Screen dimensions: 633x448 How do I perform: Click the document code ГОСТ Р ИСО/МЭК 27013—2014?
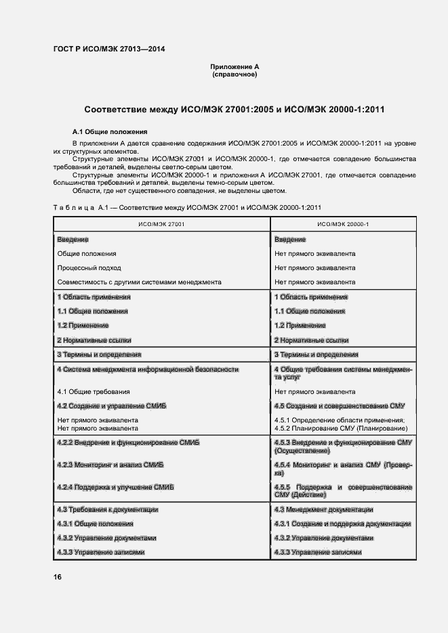coord(108,49)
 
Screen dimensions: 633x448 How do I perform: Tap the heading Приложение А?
coord(235,66)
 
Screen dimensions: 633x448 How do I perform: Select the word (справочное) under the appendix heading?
coord(235,74)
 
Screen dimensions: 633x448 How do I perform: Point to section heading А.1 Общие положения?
coord(110,131)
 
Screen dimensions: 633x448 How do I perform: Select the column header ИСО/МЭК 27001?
coord(161,223)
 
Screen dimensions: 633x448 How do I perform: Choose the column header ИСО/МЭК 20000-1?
coord(344,223)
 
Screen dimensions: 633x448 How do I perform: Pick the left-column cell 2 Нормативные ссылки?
coord(94,340)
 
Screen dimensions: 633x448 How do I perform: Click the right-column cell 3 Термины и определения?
coord(316,354)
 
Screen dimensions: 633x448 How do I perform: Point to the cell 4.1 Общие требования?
coord(94,392)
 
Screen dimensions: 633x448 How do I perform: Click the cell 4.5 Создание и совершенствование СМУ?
coord(339,406)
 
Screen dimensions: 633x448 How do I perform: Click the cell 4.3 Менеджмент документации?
coord(323,509)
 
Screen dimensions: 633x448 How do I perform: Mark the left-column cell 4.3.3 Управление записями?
coord(100,552)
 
